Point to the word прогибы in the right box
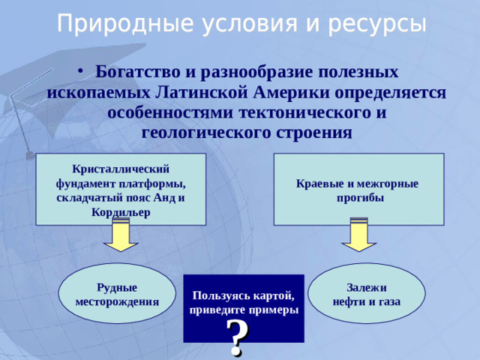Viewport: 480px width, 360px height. pos(359,199)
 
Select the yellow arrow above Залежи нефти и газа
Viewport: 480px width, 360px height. pos(359,235)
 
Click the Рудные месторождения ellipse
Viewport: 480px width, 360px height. pos(117,294)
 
